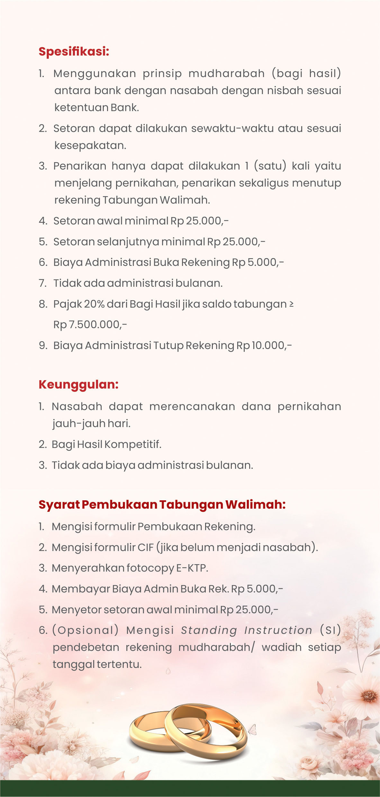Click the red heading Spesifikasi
click(74, 51)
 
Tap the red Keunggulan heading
click(78, 384)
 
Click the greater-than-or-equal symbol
click(291, 304)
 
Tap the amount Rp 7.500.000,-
click(90, 325)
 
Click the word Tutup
click(168, 346)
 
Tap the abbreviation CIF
click(146, 547)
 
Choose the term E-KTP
click(192, 568)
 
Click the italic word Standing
click(209, 630)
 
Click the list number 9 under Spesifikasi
click(43, 346)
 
